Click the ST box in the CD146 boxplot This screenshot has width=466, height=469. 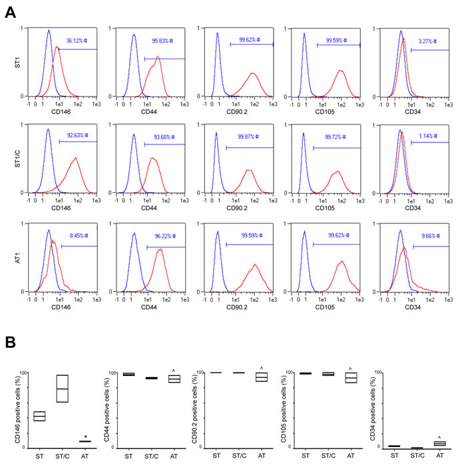(x=39, y=416)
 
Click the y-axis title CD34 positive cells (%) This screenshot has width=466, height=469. (x=369, y=409)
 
